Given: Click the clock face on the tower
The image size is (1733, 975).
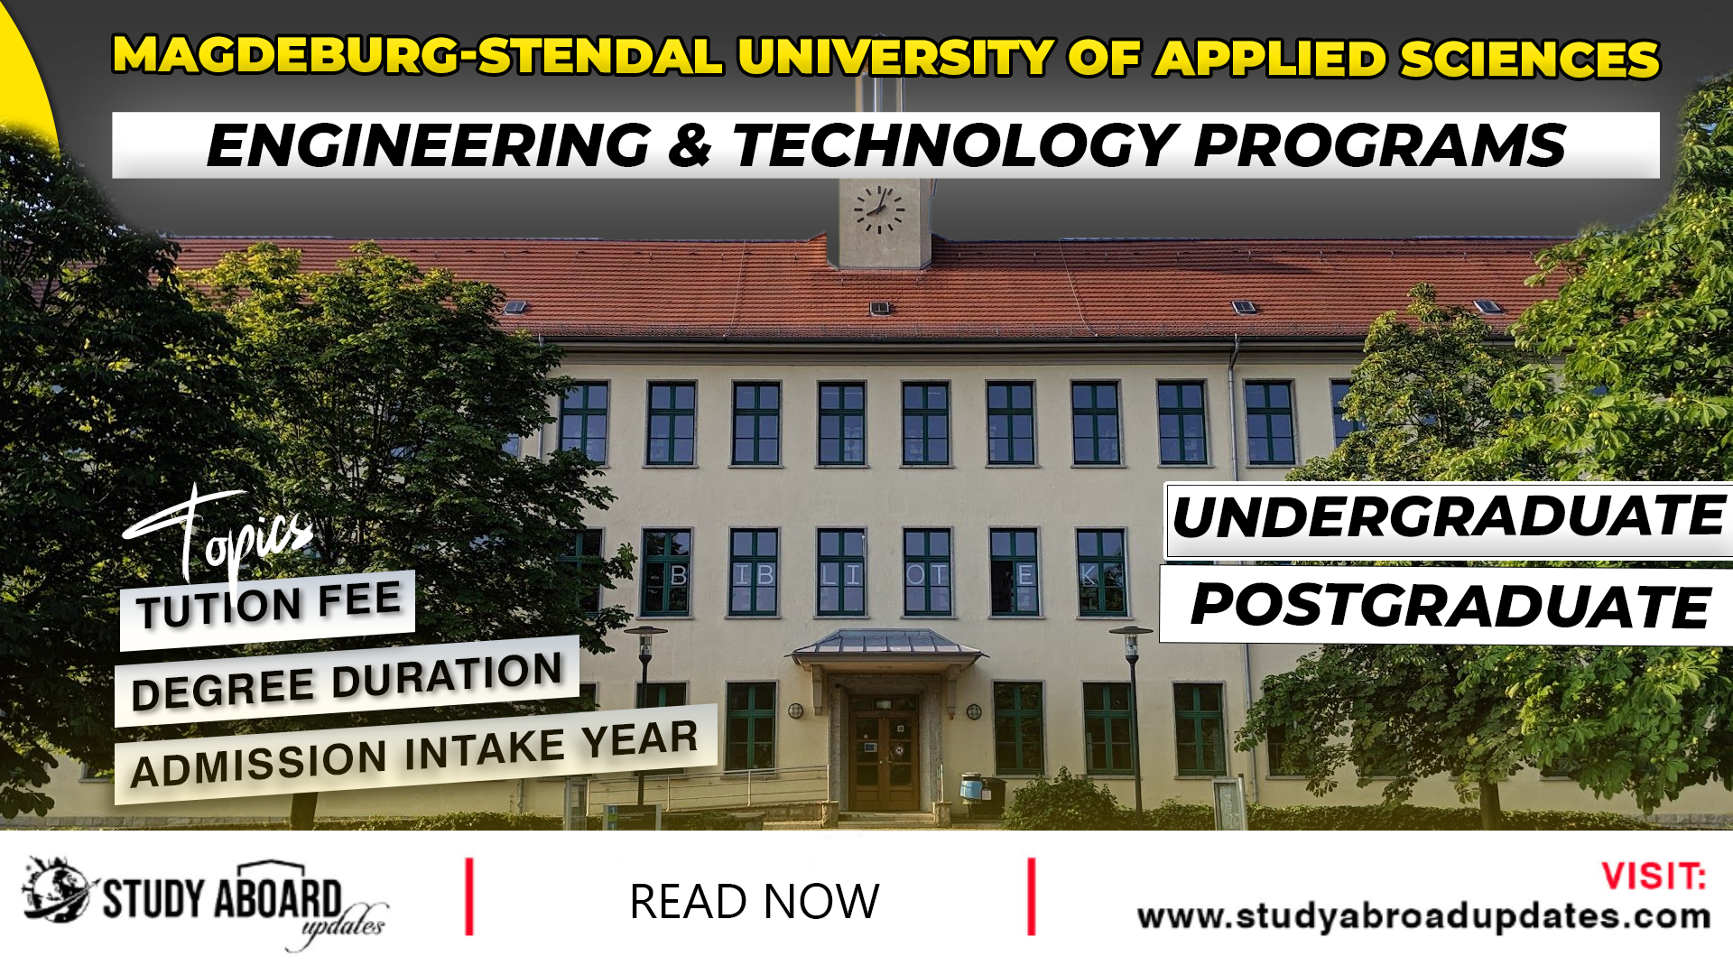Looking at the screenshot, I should (878, 209).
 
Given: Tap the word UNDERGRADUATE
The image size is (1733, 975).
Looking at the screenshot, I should (1449, 517).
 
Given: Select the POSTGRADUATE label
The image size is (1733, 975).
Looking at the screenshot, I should (1450, 605).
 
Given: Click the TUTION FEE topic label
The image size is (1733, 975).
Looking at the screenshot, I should (269, 604).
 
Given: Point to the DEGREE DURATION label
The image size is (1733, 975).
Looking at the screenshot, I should (348, 682).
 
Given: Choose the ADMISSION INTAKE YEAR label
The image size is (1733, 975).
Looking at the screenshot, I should (414, 755).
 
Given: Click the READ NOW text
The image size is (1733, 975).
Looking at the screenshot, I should (754, 901).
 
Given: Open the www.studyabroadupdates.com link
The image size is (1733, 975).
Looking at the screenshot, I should (1423, 916).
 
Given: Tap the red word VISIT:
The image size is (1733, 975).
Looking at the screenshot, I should (1653, 876).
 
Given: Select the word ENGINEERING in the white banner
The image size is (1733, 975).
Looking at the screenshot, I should (429, 145).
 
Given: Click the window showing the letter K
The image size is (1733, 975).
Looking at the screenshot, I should (1100, 574).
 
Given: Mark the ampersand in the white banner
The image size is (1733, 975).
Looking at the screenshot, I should (690, 147).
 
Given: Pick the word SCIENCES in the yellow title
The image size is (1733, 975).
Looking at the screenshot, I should (1529, 59).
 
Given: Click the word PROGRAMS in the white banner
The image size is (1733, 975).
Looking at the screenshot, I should (1379, 145).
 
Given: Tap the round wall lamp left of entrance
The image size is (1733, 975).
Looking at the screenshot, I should (795, 710).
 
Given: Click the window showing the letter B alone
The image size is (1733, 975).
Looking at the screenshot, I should (667, 574).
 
